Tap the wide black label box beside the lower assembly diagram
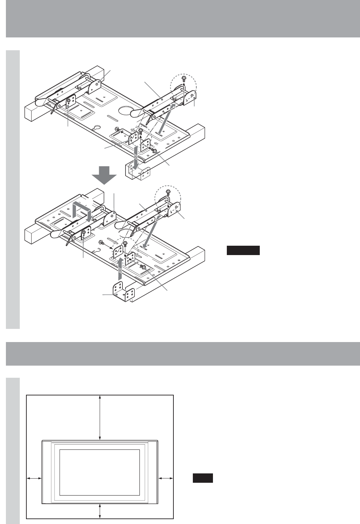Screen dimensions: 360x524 click(243, 250)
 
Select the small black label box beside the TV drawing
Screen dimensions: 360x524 click(203, 478)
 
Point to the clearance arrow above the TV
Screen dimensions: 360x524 click(100, 418)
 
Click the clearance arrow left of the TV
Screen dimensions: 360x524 click(34, 478)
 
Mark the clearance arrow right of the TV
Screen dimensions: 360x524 click(165, 478)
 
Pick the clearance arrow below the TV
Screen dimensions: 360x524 click(100, 510)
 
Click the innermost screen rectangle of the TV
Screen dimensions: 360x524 click(100, 472)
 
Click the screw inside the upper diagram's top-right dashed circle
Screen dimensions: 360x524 click(184, 80)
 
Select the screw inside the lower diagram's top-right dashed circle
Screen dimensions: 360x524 click(168, 191)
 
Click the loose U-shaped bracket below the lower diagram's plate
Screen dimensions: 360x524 click(124, 293)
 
